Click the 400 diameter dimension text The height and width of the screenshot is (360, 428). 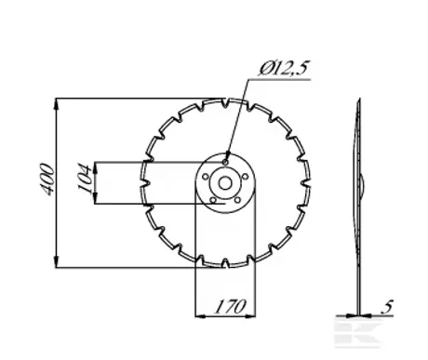[47, 180]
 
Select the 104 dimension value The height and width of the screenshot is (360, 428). [85, 178]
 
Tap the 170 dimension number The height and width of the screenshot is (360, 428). [230, 306]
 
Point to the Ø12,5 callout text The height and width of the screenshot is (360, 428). [284, 69]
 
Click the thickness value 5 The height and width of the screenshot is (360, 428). [387, 307]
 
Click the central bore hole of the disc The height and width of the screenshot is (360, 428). [225, 183]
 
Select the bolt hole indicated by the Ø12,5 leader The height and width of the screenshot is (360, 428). [225, 162]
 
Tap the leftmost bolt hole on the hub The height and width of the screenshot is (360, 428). [206, 177]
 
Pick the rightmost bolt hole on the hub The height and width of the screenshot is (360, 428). [245, 177]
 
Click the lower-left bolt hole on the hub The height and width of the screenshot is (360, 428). [213, 200]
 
